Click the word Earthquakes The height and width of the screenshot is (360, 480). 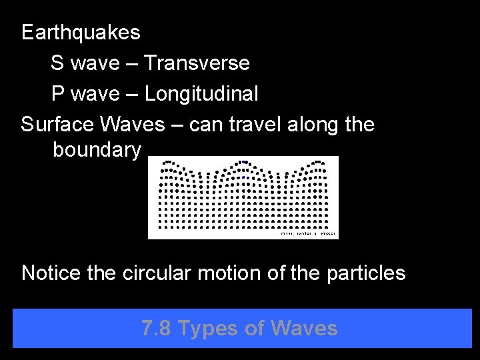pyautogui.click(x=81, y=31)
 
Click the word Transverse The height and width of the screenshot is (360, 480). pyautogui.click(x=197, y=63)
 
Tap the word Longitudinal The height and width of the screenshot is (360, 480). pyautogui.click(x=201, y=94)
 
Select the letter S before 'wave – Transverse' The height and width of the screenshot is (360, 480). pyautogui.click(x=57, y=63)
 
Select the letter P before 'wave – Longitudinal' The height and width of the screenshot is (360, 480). pyautogui.click(x=58, y=94)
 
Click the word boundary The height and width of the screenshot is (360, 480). pyautogui.click(x=97, y=151)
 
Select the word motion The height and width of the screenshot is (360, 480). pyautogui.click(x=233, y=273)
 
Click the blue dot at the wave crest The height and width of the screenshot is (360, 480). pyautogui.click(x=244, y=161)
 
